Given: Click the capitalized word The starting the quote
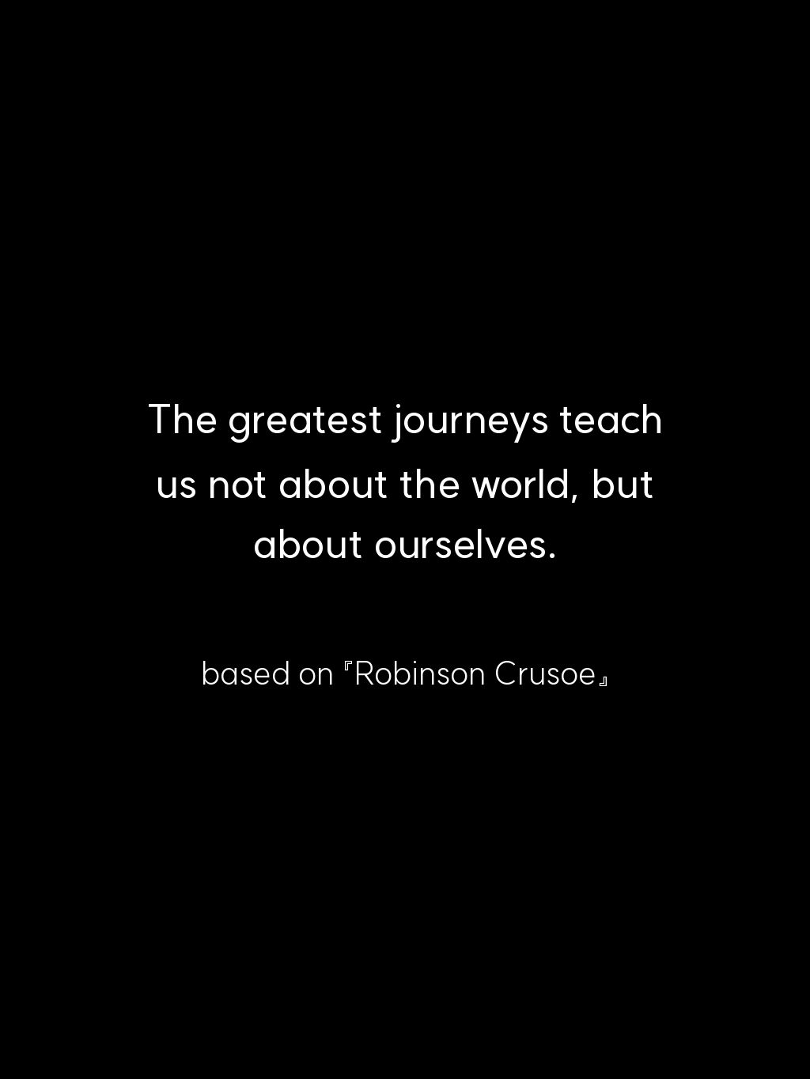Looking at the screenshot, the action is pos(183,419).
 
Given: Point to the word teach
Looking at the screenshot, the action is pos(611,419).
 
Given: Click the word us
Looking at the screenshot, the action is pos(176,487).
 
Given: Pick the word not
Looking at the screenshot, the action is pos(237,485).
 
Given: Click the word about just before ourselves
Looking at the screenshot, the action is pos(308,544).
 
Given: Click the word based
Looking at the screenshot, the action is pos(246,673).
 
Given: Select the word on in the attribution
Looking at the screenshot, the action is pos(316,677).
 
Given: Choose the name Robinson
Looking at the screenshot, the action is pos(420,673).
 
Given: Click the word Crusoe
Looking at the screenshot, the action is pos(545,673).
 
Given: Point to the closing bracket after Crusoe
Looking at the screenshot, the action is pos(604,681).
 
